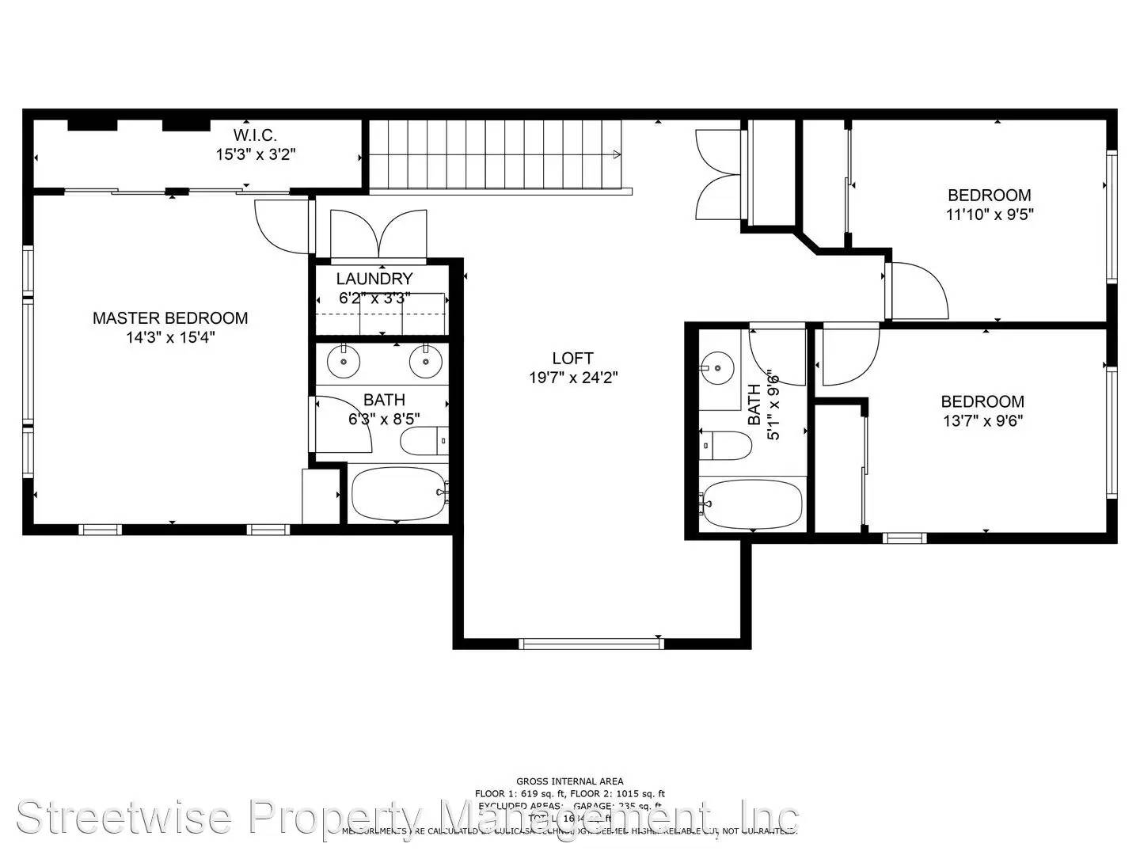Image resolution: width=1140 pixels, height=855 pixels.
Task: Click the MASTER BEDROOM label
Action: [170, 318]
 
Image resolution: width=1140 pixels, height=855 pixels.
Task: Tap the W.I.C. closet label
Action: [255, 135]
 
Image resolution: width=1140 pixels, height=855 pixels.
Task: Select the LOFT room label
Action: [572, 358]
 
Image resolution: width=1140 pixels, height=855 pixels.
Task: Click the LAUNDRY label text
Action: [374, 279]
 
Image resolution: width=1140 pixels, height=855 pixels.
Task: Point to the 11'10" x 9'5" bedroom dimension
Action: [990, 214]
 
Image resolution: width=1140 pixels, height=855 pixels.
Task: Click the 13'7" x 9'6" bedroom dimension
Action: [982, 420]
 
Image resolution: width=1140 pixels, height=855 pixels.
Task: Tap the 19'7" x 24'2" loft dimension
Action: [572, 378]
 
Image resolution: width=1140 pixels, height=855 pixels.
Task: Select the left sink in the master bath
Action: [344, 362]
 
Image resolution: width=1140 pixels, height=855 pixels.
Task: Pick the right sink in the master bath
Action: [425, 362]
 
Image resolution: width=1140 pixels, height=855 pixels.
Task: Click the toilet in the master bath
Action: [423, 441]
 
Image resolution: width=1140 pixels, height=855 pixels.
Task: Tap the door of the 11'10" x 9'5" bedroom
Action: [918, 290]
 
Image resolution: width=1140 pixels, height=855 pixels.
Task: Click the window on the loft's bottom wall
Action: [591, 644]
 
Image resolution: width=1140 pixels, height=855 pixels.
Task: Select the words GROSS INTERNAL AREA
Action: [569, 781]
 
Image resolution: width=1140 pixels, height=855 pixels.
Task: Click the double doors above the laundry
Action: [379, 234]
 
